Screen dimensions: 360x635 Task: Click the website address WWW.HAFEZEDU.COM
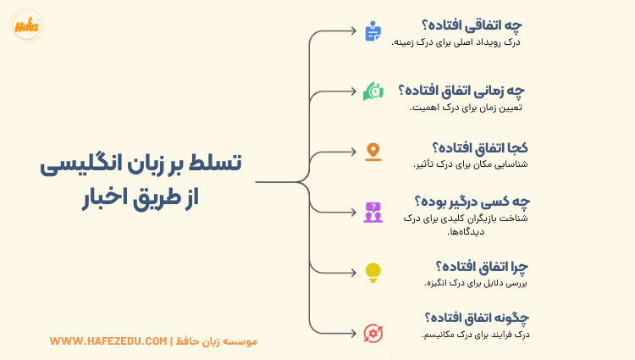pos(108,341)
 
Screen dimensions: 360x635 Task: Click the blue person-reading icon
pos(373,32)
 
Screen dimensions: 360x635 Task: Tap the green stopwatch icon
pos(373,91)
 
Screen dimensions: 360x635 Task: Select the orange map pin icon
pos(373,152)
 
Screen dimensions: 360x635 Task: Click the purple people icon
pos(373,212)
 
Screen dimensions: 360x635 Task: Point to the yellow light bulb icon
pos(373,272)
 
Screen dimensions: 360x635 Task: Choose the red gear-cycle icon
pos(373,332)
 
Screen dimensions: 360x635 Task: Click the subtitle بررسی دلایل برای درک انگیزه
pos(476,284)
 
